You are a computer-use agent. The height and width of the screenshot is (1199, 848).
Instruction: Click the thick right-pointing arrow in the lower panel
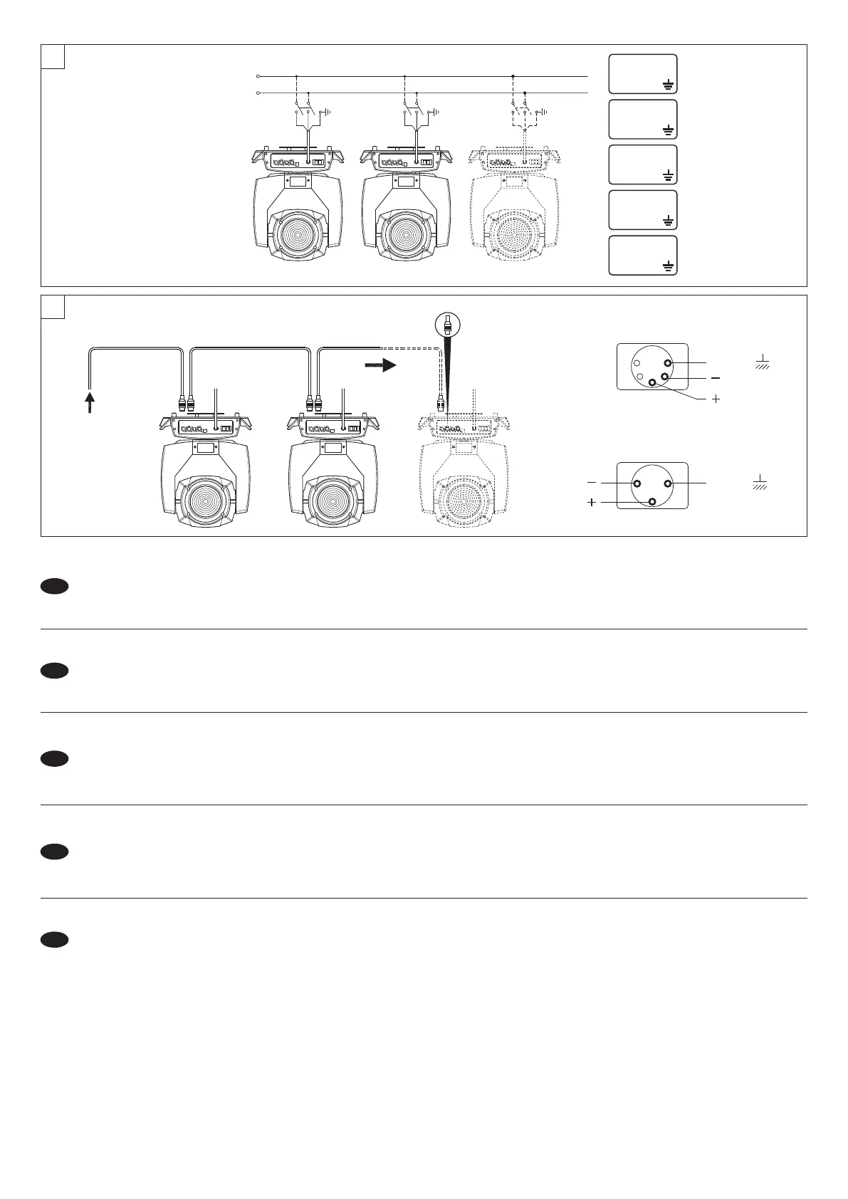[x=382, y=366]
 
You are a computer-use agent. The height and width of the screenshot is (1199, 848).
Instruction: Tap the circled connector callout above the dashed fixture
[x=447, y=326]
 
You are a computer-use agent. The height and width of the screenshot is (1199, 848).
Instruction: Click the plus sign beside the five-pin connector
[x=716, y=399]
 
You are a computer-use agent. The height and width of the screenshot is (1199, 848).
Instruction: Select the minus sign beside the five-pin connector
[x=716, y=377]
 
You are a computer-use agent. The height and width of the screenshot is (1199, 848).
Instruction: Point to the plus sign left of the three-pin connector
[x=591, y=503]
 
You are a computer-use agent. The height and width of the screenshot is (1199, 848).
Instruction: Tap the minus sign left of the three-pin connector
[x=591, y=483]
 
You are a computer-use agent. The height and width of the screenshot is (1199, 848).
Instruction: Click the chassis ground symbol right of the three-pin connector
[x=761, y=482]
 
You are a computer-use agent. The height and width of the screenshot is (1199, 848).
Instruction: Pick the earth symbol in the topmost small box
[x=668, y=85]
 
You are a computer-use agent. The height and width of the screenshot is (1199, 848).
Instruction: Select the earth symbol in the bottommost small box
[x=668, y=266]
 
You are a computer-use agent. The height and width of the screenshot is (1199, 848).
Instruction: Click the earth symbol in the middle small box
[x=668, y=175]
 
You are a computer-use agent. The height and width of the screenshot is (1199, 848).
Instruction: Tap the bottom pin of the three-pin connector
[x=653, y=503]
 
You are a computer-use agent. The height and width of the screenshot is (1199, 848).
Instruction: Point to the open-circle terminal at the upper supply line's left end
[x=258, y=75]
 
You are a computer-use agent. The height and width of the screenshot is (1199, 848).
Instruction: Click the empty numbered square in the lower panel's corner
[x=53, y=307]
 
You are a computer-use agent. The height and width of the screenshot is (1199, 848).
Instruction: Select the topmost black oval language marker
[x=54, y=586]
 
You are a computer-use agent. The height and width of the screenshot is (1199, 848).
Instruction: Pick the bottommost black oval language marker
[x=54, y=940]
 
